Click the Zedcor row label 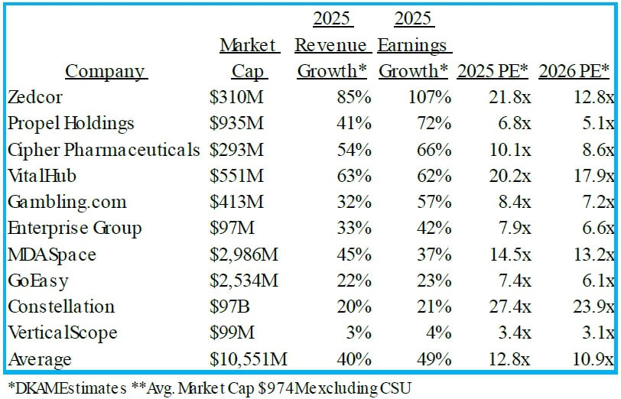pyautogui.click(x=34, y=98)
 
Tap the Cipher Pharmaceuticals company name pyautogui.click(x=103, y=150)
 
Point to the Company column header pyautogui.click(x=105, y=71)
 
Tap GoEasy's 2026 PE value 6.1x pyautogui.click(x=597, y=281)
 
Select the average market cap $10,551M pyautogui.click(x=249, y=358)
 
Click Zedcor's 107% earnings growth pyautogui.click(x=431, y=98)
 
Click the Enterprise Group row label pyautogui.click(x=74, y=229)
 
